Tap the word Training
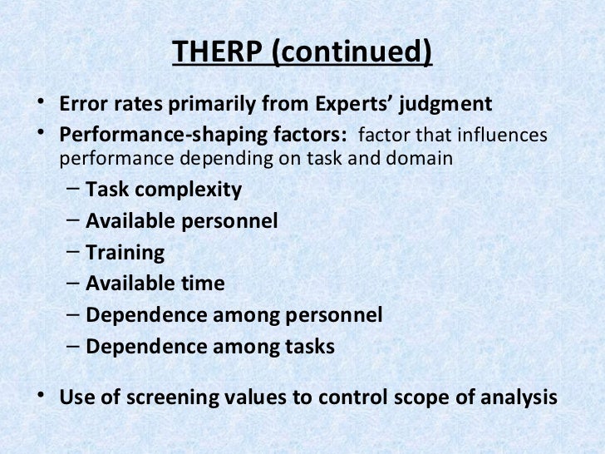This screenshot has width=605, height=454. [x=125, y=253]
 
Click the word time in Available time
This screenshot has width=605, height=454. [x=204, y=284]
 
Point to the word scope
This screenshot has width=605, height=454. [x=415, y=395]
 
